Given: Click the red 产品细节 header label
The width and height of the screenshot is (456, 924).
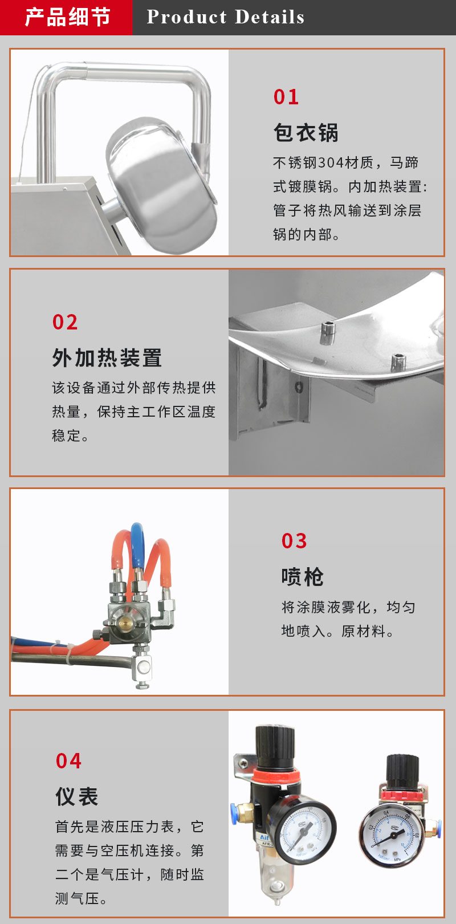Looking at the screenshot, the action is [68, 17].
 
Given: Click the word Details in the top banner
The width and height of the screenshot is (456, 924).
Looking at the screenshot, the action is [270, 17].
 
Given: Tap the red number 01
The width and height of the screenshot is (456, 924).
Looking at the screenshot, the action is [286, 97].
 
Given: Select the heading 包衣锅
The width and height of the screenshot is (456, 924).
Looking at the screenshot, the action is [306, 133].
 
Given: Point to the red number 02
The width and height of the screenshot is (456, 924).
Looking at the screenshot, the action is [65, 322].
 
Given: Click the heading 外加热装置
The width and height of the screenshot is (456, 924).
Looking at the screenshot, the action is [107, 357].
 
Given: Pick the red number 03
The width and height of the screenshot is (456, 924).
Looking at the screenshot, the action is [294, 541].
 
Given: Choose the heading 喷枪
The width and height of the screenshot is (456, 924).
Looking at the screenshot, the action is [303, 577].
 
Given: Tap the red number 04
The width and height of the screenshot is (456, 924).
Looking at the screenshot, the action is [68, 760].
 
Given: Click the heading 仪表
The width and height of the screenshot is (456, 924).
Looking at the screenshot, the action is [77, 796].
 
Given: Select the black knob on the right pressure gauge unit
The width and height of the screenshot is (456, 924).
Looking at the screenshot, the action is [402, 770].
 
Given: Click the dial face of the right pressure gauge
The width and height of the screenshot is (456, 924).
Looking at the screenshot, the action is [391, 836].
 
